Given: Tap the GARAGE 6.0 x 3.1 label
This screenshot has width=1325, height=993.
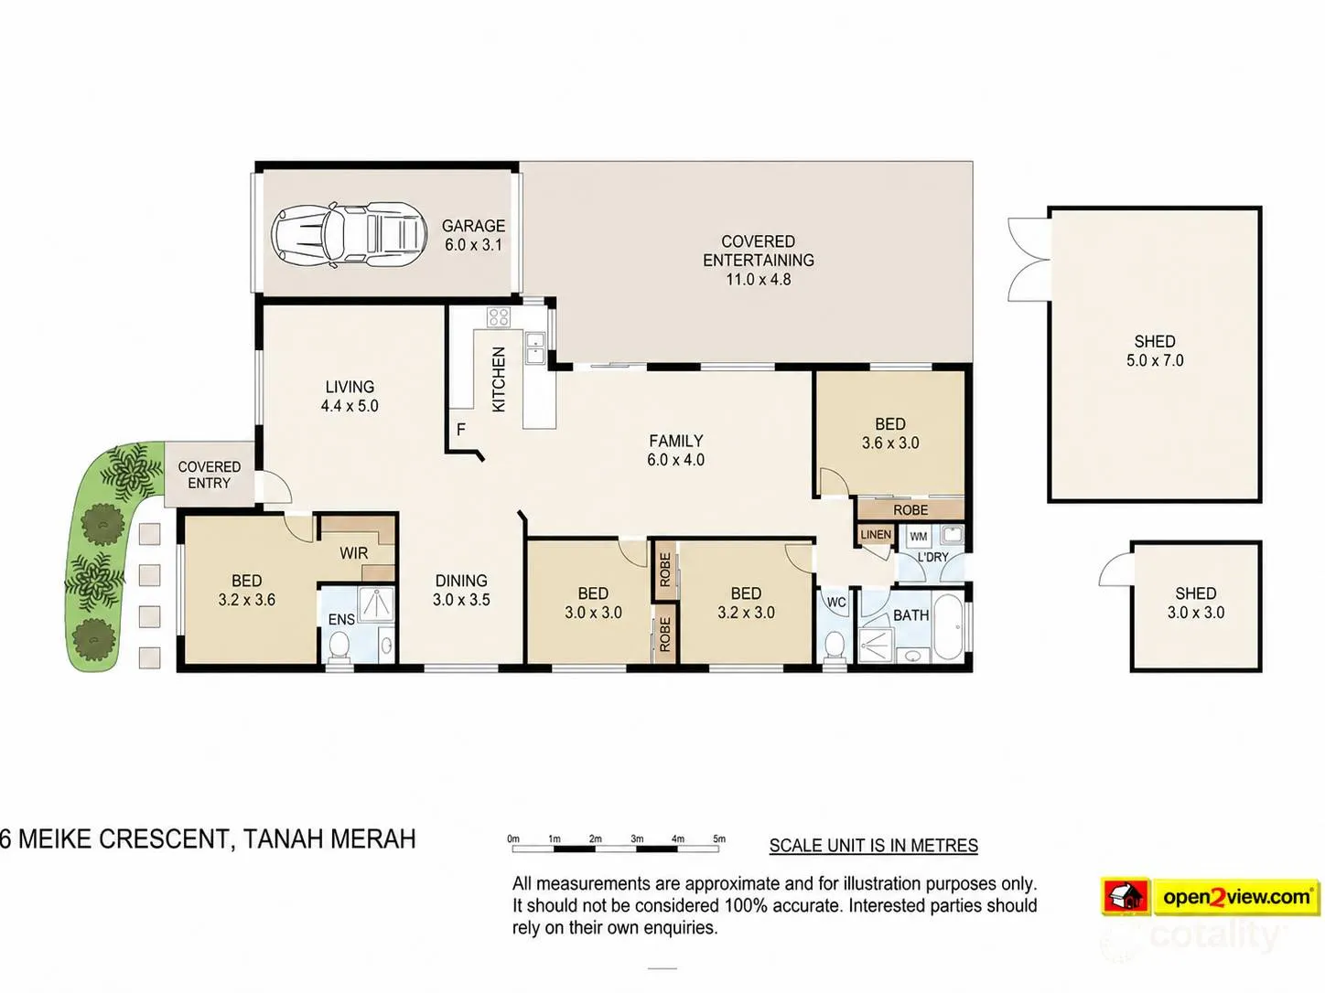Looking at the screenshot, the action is [473, 235].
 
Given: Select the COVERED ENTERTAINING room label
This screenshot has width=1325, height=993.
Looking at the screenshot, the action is [759, 260].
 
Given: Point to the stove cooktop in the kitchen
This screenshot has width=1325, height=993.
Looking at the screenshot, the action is [500, 317].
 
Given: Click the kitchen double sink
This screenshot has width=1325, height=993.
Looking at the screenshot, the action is [534, 347].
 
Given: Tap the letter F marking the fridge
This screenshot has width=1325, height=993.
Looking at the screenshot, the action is [460, 429].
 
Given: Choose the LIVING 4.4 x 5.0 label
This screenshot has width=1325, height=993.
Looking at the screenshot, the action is [350, 396].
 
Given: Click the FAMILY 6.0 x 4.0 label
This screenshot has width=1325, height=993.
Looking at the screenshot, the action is [675, 451].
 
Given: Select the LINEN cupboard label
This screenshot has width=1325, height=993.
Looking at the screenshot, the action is [876, 535].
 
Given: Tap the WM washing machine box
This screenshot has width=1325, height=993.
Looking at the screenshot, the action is [918, 537].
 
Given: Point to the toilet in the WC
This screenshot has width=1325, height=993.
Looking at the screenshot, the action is [835, 646].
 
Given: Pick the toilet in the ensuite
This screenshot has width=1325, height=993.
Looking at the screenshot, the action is [339, 647].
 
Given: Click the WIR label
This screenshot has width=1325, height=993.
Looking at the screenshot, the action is [354, 553].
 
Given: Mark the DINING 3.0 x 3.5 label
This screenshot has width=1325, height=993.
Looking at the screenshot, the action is [461, 591].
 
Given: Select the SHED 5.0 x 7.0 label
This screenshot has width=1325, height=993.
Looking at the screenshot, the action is [1155, 351].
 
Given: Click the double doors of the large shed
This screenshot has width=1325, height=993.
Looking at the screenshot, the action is [1029, 260].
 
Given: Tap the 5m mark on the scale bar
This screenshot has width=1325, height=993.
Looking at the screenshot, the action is [719, 838].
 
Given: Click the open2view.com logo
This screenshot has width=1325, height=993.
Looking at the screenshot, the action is [1210, 896].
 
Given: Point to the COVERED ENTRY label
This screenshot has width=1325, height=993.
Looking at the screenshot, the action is [209, 475].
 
